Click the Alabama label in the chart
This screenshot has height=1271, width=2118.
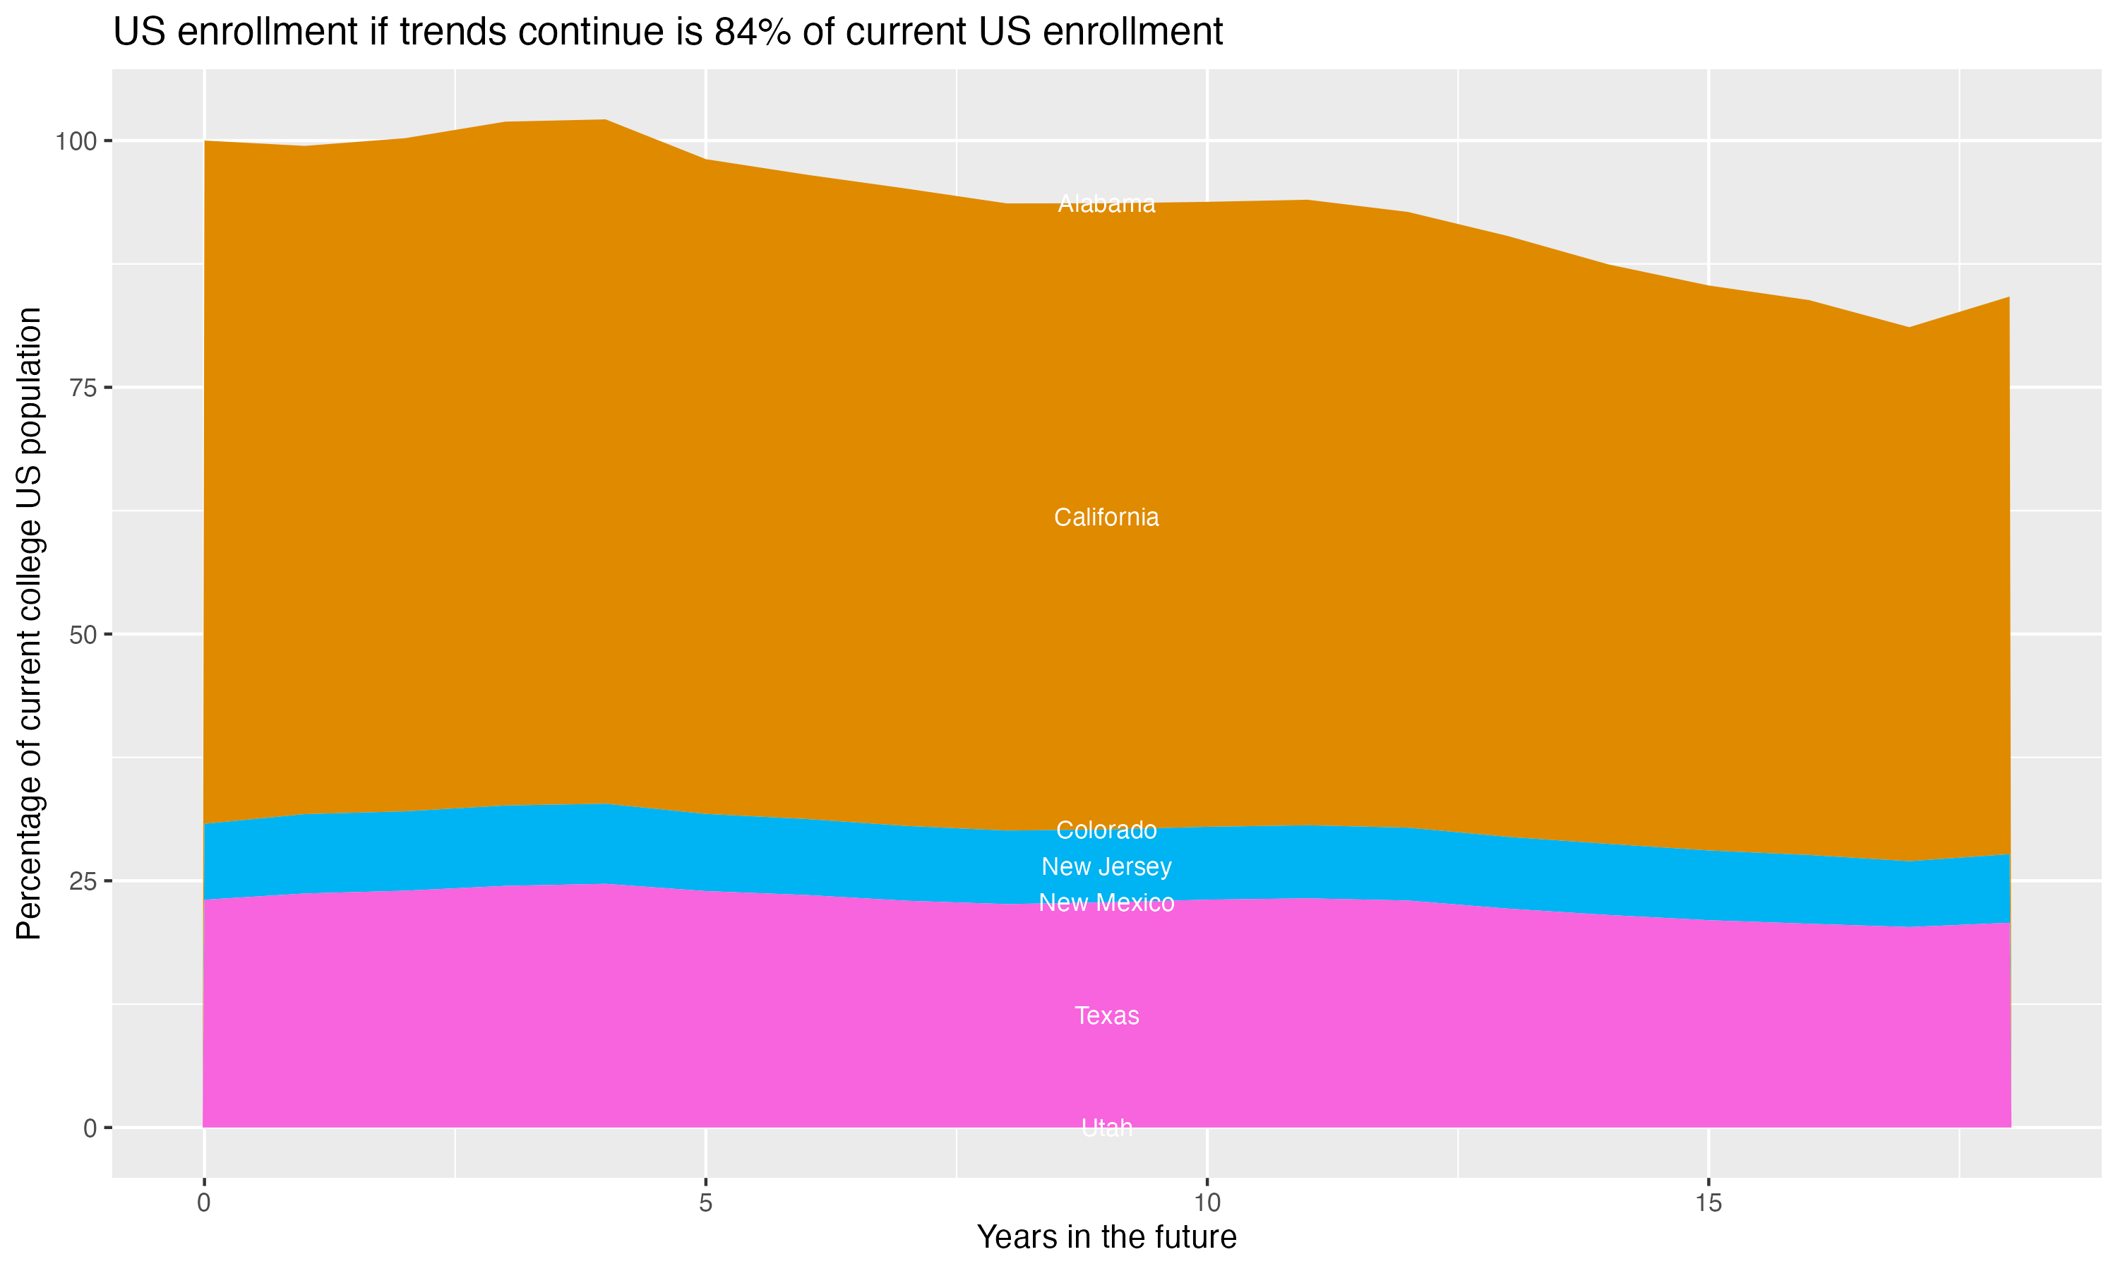(x=1106, y=204)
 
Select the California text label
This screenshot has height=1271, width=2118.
(x=1106, y=518)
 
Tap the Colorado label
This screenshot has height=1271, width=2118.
(x=1106, y=830)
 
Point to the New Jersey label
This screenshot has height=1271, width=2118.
(x=1106, y=866)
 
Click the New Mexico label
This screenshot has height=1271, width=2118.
(x=1106, y=902)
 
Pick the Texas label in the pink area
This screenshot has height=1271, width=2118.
(x=1106, y=1016)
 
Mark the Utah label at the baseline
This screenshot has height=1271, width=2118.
(x=1106, y=1128)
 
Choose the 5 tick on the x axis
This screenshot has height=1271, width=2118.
(x=705, y=1203)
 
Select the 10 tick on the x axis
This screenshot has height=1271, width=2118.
(x=1207, y=1203)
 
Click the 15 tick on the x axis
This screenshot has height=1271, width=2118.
(x=1708, y=1203)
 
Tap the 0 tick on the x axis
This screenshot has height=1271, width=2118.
(x=204, y=1203)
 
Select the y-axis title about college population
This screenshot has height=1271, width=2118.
(x=29, y=623)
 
